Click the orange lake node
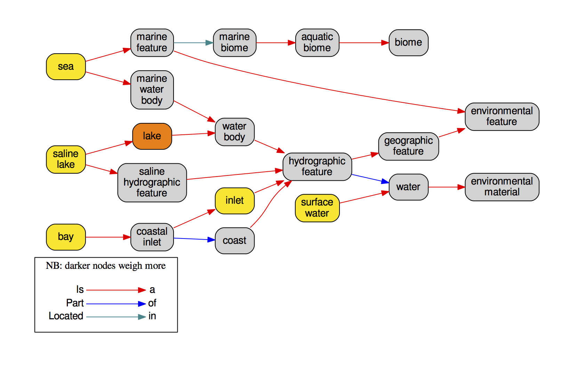pyautogui.click(x=152, y=136)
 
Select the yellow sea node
pyautogui.click(x=66, y=67)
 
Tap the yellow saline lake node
pyautogui.click(x=66, y=159)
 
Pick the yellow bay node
pyautogui.click(x=66, y=237)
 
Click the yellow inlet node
pyautogui.click(x=234, y=201)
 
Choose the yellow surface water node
pyautogui.click(x=317, y=208)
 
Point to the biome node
pyautogui.click(x=408, y=42)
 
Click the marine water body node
pyautogui.click(x=152, y=90)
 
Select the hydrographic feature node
pyautogui.click(x=317, y=166)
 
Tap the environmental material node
pyautogui.click(x=502, y=187)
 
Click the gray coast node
pyautogui.click(x=234, y=241)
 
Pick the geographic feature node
pyautogui.click(x=408, y=146)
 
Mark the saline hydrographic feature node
pyautogui.click(x=152, y=182)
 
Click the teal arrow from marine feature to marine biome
pyautogui.click(x=193, y=43)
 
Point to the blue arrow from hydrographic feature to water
pyautogui.click(x=370, y=179)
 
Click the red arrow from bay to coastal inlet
pyautogui.click(x=108, y=237)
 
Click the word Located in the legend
pyautogui.click(x=66, y=316)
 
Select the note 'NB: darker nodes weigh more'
pyautogui.click(x=106, y=266)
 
